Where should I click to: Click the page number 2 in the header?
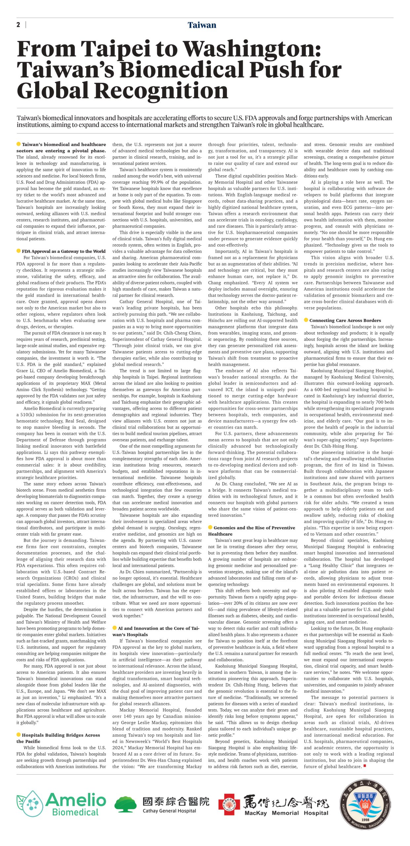pyautogui.click(x=18, y=25)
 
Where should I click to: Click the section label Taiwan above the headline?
pyautogui.click(x=202, y=25)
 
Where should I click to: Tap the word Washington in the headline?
pyautogui.click(x=252, y=49)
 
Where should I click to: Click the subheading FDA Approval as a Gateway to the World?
pyautogui.click(x=64, y=251)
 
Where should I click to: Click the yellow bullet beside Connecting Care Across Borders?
pyautogui.click(x=306, y=320)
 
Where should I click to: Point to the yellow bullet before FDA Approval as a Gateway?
pyautogui.click(x=19, y=251)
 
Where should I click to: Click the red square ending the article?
pyautogui.click(x=365, y=766)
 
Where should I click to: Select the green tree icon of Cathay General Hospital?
pyautogui.click(x=125, y=803)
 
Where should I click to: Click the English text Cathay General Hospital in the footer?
pyautogui.click(x=169, y=811)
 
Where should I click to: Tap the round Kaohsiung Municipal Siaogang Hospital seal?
pyautogui.click(x=365, y=804)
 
